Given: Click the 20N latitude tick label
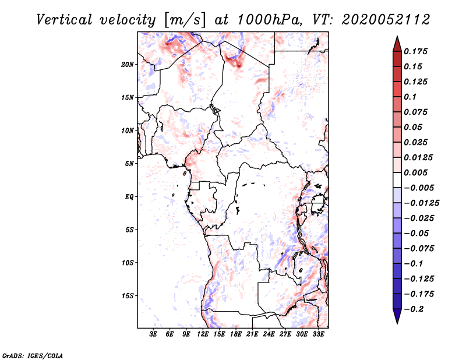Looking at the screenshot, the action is [128, 65].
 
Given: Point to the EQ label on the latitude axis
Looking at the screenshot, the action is [129, 197].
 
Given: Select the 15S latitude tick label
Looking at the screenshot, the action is [128, 296].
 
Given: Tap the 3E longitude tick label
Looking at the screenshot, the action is [153, 334].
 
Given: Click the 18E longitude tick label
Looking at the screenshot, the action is [236, 334].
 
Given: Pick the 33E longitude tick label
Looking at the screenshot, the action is [318, 334].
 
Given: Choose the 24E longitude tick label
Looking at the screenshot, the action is [269, 334].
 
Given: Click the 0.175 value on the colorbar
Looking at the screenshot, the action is [415, 51].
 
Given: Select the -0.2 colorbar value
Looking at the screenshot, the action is [414, 309].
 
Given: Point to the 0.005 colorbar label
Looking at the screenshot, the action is [415, 172].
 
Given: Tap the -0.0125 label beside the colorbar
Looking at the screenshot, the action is [421, 203].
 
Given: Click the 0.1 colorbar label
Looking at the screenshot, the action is [410, 97].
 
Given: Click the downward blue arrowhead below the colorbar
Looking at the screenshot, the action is [397, 315].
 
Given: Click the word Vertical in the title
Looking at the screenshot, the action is [64, 20].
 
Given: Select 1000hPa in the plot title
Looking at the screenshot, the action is [270, 20].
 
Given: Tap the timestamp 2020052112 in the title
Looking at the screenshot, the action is [386, 20].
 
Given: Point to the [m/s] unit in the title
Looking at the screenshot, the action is [185, 20].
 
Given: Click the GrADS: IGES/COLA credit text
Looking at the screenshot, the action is [33, 355].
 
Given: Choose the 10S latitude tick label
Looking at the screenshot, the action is [128, 263].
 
